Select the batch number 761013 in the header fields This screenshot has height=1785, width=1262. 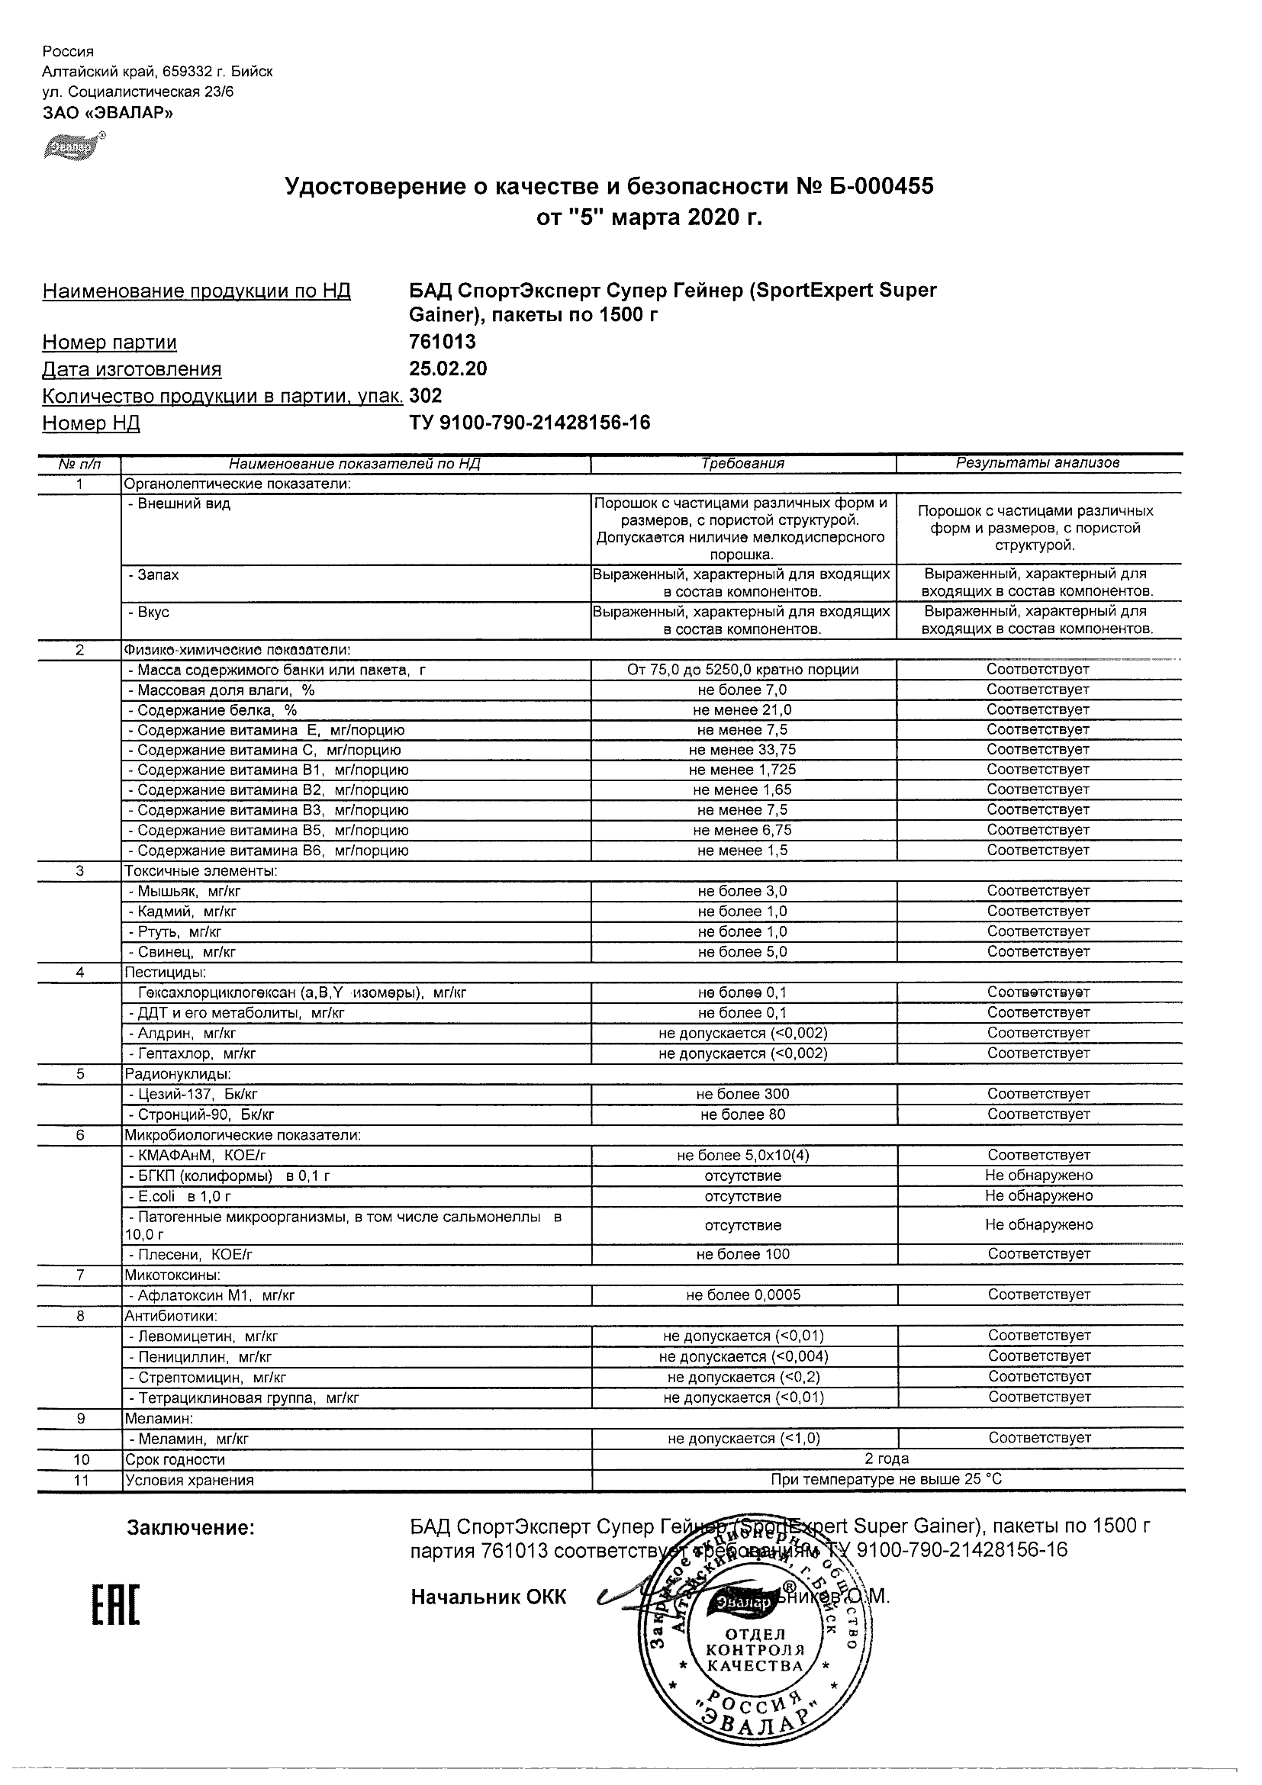443,342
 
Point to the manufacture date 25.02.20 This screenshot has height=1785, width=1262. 448,368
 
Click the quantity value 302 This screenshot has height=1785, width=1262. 425,396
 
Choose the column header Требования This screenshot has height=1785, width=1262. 742,463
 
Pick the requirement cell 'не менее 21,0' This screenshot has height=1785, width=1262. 742,709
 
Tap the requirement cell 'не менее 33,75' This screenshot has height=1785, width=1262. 742,750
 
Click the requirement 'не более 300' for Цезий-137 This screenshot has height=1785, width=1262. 742,1094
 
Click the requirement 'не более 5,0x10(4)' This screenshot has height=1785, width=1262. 742,1155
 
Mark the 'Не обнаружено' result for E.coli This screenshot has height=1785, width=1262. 1039,1195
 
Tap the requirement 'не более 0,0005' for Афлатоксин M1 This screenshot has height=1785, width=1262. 742,1295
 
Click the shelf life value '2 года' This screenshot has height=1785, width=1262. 887,1459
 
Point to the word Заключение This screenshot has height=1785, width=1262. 191,1528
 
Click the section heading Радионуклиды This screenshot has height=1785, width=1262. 177,1073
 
